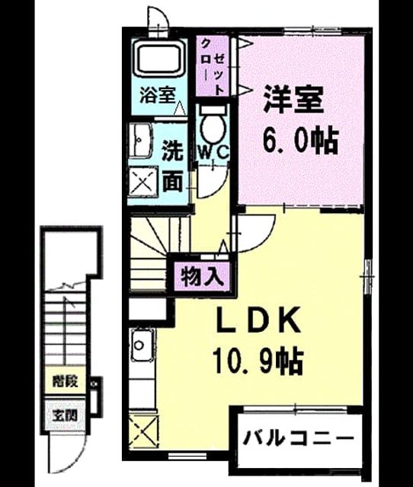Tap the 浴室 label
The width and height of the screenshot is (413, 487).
[158, 95]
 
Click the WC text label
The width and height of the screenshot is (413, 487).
[214, 152]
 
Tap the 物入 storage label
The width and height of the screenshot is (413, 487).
[203, 276]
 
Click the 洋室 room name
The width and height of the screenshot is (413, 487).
[293, 99]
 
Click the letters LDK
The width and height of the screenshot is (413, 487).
[258, 320]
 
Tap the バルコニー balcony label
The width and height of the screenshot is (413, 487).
[299, 438]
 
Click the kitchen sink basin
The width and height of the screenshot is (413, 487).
[142, 345]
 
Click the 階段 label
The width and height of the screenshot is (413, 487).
[65, 380]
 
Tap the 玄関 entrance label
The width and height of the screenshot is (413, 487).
[65, 415]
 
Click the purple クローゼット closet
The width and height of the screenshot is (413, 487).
[212, 66]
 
